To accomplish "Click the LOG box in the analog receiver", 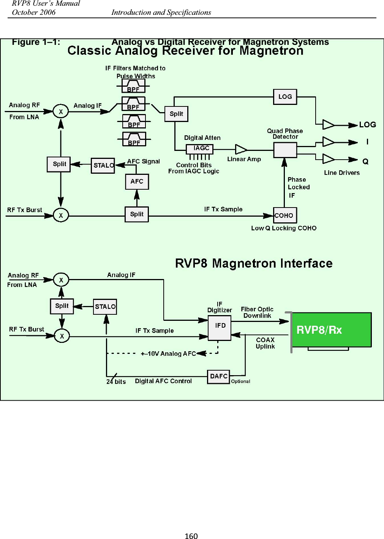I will (x=285, y=97).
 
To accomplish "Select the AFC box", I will (x=137, y=181).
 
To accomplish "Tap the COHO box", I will (x=284, y=216).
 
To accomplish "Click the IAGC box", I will (x=199, y=149).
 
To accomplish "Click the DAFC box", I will (x=218, y=376).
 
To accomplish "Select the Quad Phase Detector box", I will (x=285, y=150).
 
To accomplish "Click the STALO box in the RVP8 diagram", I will (x=105, y=307).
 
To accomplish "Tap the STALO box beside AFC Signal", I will (x=103, y=165).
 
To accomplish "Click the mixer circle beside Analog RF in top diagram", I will (x=60, y=111).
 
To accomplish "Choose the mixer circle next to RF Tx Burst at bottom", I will (x=62, y=336).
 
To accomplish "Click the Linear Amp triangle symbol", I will (x=240, y=149).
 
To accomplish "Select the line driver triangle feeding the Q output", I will (x=328, y=159).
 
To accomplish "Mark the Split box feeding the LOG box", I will (x=176, y=114).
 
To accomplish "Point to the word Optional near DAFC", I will (x=241, y=381).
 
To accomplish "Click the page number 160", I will (x=191, y=536).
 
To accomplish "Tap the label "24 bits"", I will (x=116, y=382).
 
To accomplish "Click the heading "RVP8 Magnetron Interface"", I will (x=254, y=263).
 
